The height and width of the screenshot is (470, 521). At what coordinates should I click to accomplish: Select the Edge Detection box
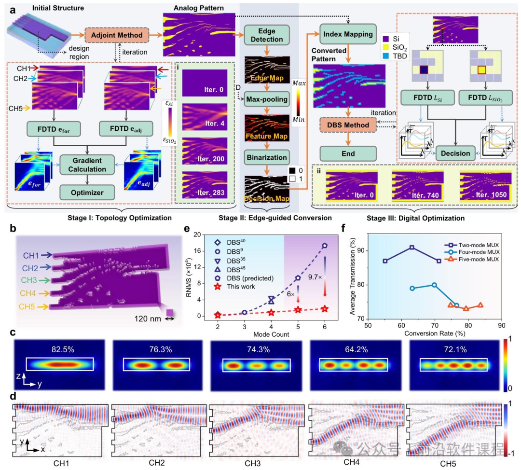coord(267,35)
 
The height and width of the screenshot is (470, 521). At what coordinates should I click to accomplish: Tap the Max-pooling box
coord(267,99)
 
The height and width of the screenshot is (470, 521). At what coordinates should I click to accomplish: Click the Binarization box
coord(267,157)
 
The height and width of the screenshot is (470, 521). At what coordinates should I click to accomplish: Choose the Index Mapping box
coord(348,34)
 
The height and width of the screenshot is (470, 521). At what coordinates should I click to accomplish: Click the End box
coord(348,154)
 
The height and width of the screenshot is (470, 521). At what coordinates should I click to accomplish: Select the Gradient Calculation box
coord(87,165)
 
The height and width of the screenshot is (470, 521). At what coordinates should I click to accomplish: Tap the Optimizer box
coord(87,192)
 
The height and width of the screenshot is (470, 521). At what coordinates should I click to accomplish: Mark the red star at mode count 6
coord(325,309)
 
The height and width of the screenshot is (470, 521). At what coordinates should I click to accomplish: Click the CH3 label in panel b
coord(35,279)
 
